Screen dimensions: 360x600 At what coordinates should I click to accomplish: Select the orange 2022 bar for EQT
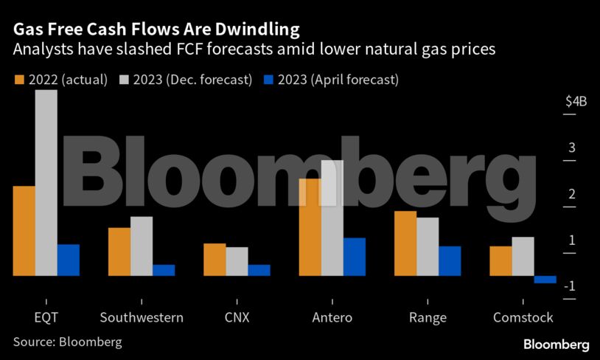click(x=24, y=230)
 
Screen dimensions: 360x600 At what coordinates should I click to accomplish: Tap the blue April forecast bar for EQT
click(x=69, y=260)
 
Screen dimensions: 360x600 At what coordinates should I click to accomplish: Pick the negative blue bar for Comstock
click(x=545, y=279)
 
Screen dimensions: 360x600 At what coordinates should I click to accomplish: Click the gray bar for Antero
click(x=332, y=218)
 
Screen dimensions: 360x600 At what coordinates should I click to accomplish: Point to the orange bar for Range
click(x=405, y=243)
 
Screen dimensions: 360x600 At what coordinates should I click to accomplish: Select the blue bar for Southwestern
click(x=164, y=270)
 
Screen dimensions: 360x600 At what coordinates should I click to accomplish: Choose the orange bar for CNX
click(x=214, y=259)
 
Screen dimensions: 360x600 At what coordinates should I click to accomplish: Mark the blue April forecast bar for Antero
click(x=355, y=256)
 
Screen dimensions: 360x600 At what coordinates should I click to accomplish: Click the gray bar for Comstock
click(x=523, y=256)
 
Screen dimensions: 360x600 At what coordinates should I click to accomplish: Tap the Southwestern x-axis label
click(x=142, y=318)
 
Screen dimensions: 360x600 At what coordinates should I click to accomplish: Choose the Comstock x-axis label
click(x=523, y=318)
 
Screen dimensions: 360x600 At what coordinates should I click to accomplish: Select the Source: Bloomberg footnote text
click(x=68, y=342)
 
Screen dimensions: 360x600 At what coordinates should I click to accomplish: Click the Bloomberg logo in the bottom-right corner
click(x=556, y=345)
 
